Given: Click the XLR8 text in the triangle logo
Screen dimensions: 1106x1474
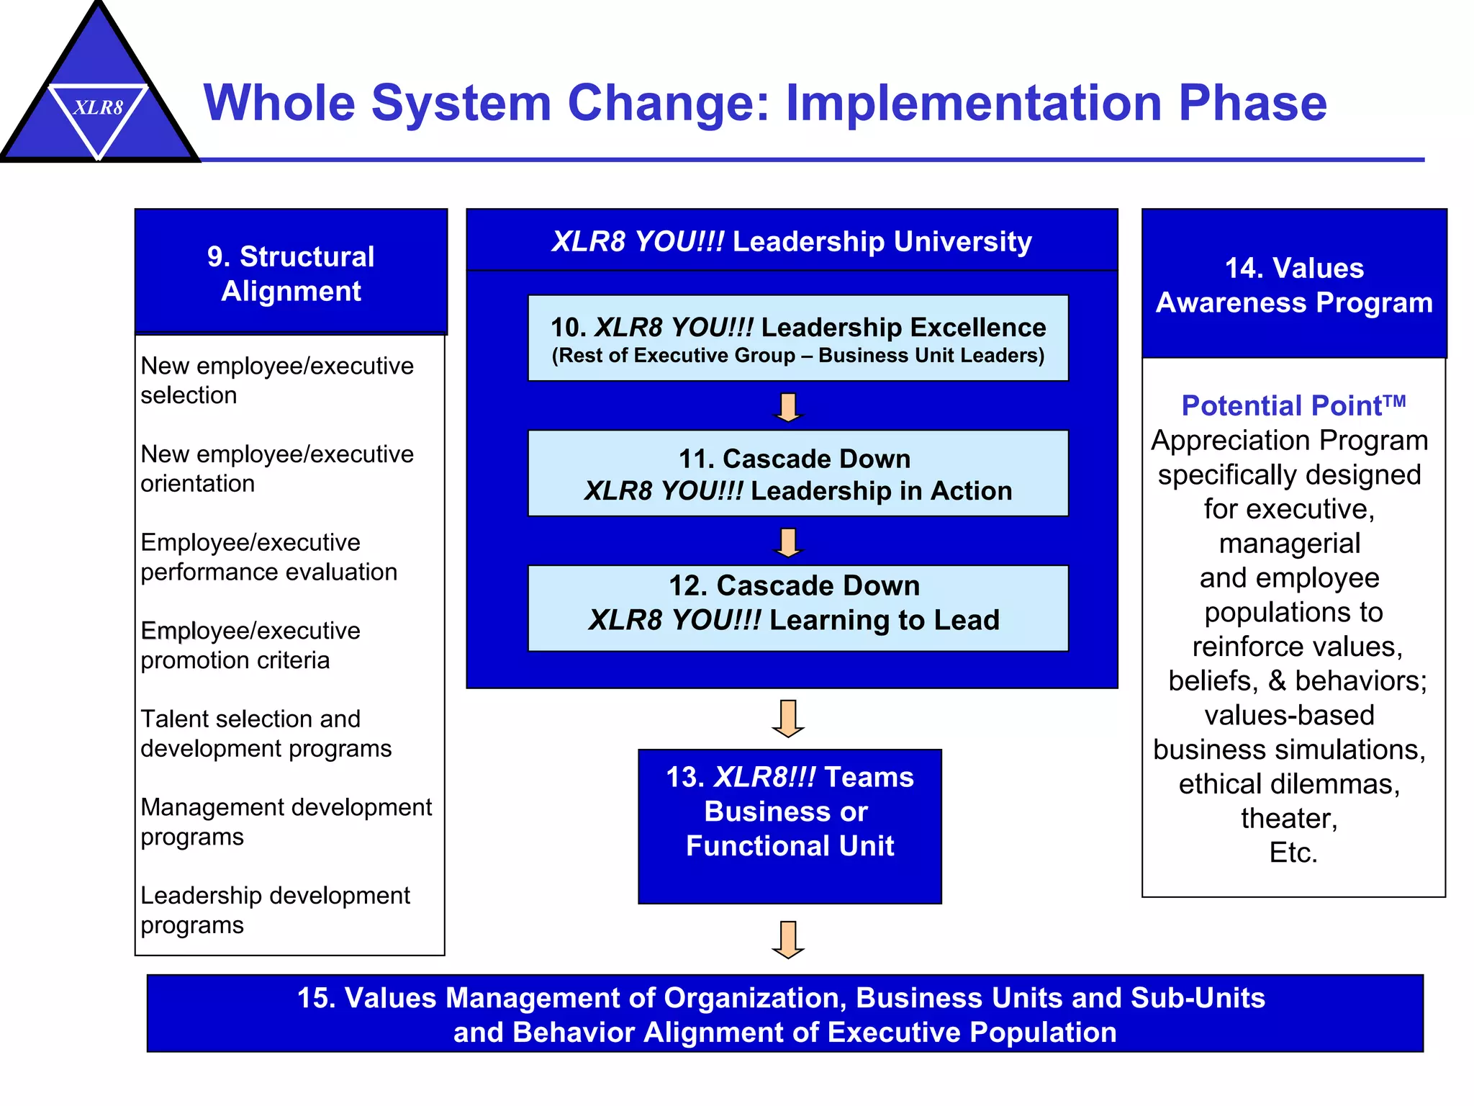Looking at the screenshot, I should (x=99, y=108).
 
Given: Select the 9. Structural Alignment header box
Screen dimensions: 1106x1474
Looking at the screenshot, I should (x=291, y=273).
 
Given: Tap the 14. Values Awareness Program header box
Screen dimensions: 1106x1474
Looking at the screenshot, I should (x=1294, y=284).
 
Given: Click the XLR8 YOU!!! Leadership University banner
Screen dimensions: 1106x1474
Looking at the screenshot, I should (x=792, y=241).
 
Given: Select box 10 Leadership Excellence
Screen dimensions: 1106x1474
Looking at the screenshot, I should (x=797, y=338).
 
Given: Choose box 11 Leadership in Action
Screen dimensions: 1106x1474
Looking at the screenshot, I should (x=797, y=474).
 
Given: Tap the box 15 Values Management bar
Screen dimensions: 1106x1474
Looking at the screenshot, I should (x=785, y=1014).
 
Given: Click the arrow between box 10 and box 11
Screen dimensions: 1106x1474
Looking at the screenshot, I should (x=788, y=408).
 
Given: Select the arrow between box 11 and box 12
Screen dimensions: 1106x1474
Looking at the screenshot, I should (x=788, y=542).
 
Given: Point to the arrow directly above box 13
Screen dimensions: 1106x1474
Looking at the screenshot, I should (x=788, y=719).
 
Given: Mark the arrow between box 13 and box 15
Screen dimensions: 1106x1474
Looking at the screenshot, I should (x=788, y=940).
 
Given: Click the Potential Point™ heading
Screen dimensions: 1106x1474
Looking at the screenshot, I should (x=1293, y=406).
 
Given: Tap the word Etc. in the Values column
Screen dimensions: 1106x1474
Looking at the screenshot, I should (x=1293, y=853).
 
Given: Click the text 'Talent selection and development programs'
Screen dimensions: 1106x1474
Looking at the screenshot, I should (x=266, y=734).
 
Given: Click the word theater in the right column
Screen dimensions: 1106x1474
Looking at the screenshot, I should (x=1289, y=819).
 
